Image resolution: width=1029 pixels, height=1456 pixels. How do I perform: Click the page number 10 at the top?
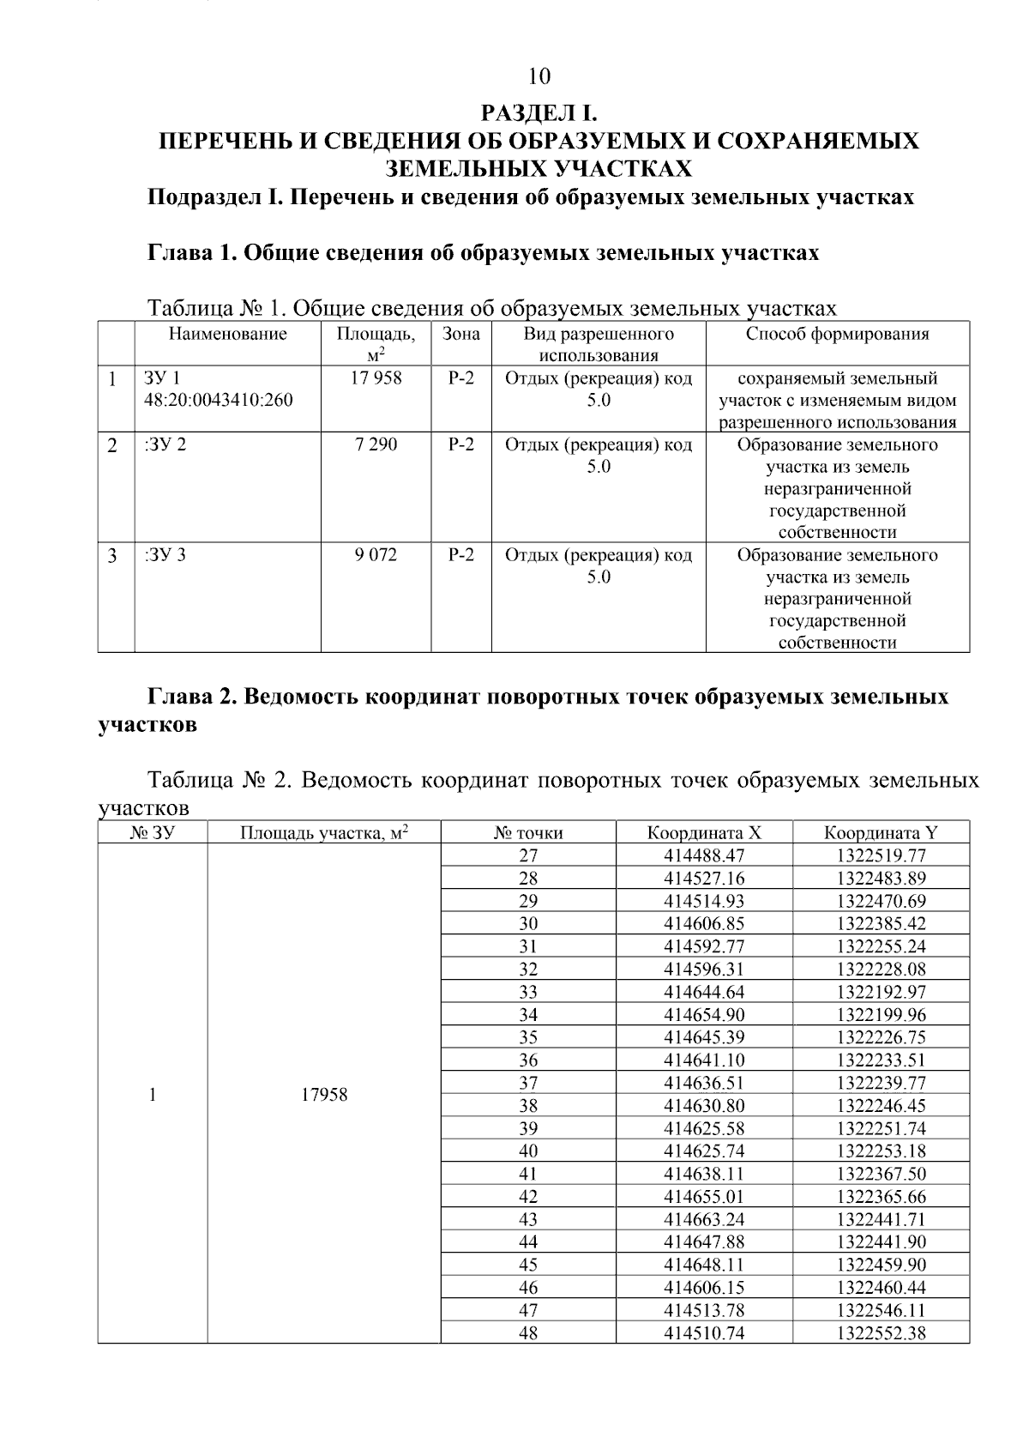[539, 77]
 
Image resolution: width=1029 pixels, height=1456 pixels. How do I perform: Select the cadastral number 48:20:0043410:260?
[219, 400]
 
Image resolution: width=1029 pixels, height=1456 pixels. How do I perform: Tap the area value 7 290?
[376, 444]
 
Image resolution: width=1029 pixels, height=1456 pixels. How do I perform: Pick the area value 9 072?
[376, 555]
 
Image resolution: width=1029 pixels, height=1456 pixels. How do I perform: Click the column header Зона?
[461, 334]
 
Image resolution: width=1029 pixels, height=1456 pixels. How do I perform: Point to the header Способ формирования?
[837, 334]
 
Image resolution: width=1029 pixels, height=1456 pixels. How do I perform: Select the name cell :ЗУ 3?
[165, 555]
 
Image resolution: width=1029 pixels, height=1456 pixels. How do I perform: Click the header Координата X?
[704, 832]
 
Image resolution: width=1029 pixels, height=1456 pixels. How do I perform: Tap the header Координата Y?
[881, 832]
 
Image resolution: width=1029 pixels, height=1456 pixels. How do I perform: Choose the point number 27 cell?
[528, 855]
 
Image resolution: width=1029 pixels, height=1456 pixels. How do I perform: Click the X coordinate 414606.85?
[704, 923]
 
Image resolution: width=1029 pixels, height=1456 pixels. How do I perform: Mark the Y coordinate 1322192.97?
[882, 992]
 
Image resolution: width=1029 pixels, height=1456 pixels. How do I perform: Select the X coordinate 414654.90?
[704, 1014]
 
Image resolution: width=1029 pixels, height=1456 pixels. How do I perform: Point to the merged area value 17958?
[324, 1095]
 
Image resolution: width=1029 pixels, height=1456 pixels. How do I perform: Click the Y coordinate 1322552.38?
[882, 1332]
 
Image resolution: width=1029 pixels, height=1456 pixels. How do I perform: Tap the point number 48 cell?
[528, 1332]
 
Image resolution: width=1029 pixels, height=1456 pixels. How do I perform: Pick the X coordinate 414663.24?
[704, 1219]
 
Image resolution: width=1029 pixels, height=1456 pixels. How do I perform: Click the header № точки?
[528, 832]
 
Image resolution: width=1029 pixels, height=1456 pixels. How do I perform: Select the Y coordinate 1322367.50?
[882, 1174]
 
